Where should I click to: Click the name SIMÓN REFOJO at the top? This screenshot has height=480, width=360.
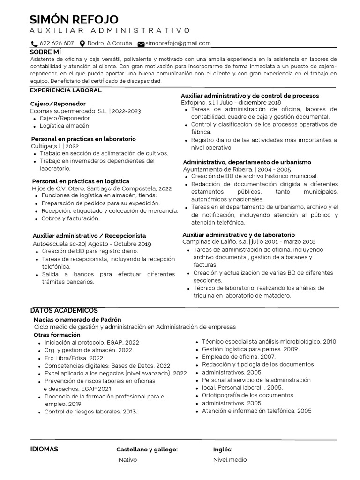click(74, 19)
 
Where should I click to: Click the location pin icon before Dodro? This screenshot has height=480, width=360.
click(82, 44)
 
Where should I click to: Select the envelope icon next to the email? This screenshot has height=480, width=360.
click(141, 44)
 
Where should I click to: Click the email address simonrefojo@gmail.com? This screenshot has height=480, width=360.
click(178, 43)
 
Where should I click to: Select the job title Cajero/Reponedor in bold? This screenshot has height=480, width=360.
click(58, 104)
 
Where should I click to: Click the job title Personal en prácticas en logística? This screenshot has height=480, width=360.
click(81, 181)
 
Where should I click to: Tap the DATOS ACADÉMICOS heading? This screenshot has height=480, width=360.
click(64, 310)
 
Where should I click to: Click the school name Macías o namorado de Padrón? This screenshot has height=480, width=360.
click(77, 319)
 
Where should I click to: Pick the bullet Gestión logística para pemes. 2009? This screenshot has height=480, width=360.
click(250, 349)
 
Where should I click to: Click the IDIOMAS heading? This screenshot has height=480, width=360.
click(44, 449)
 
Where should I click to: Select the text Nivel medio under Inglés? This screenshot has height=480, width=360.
click(230, 460)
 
